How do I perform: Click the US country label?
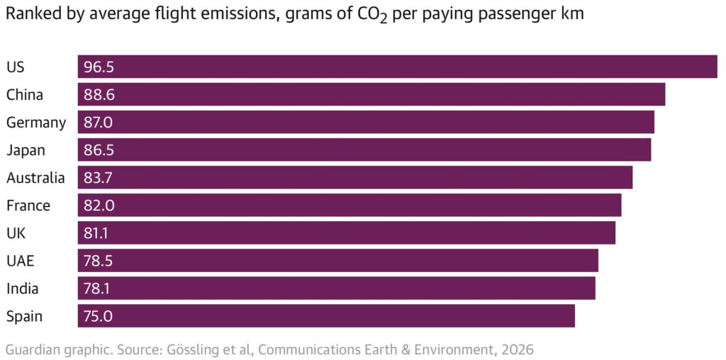click(x=15, y=67)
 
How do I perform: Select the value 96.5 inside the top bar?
click(x=99, y=67)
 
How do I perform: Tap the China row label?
click(x=25, y=94)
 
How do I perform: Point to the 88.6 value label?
click(x=99, y=94)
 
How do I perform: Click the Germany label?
click(x=36, y=122)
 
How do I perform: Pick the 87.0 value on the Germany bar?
click(x=99, y=122)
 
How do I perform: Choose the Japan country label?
click(x=26, y=150)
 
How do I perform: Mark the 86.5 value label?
click(x=99, y=150)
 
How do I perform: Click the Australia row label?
click(x=35, y=177)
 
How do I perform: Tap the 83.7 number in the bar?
click(x=99, y=177)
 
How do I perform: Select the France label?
click(x=28, y=206)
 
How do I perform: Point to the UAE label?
click(x=20, y=261)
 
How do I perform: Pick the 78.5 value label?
click(x=99, y=261)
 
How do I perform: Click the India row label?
click(x=23, y=288)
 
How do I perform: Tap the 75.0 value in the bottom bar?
click(x=99, y=316)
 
